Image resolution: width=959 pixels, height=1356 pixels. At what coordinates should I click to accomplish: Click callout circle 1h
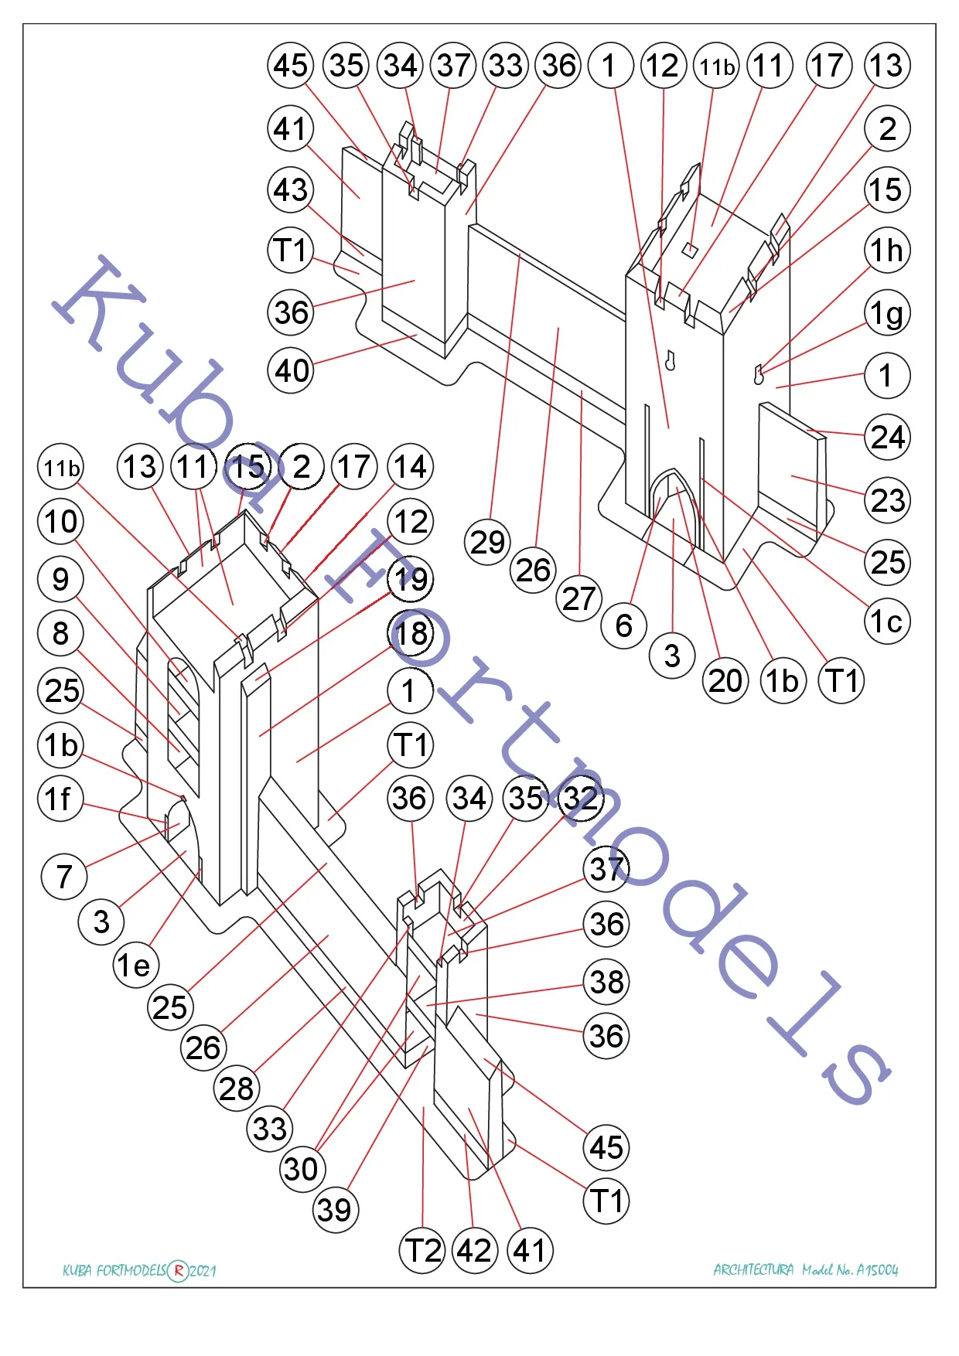887,250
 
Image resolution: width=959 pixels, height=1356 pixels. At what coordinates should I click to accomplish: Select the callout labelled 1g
887,313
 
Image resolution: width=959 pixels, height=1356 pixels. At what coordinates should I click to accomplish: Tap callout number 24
887,438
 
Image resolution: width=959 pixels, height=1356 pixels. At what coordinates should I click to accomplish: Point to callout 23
887,500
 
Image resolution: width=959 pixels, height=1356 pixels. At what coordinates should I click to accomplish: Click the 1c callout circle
887,621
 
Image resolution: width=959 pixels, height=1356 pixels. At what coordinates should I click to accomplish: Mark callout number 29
488,542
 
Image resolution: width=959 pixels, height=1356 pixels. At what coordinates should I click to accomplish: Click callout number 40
291,371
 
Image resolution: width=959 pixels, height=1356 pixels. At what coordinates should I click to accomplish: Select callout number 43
291,189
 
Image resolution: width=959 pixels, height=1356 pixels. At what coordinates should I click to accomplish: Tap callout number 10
61,521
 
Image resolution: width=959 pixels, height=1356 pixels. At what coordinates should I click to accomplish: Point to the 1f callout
60,799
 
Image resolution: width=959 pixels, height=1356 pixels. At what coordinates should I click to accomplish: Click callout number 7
64,876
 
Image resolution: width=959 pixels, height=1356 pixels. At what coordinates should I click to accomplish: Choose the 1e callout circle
136,965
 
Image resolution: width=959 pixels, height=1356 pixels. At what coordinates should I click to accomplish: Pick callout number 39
336,1210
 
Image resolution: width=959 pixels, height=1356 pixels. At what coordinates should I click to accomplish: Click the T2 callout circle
422,1250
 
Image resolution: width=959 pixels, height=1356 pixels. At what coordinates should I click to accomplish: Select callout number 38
606,983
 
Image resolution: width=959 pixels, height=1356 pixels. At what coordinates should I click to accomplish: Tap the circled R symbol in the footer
178,1270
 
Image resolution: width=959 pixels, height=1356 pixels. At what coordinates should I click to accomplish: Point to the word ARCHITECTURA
753,1269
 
